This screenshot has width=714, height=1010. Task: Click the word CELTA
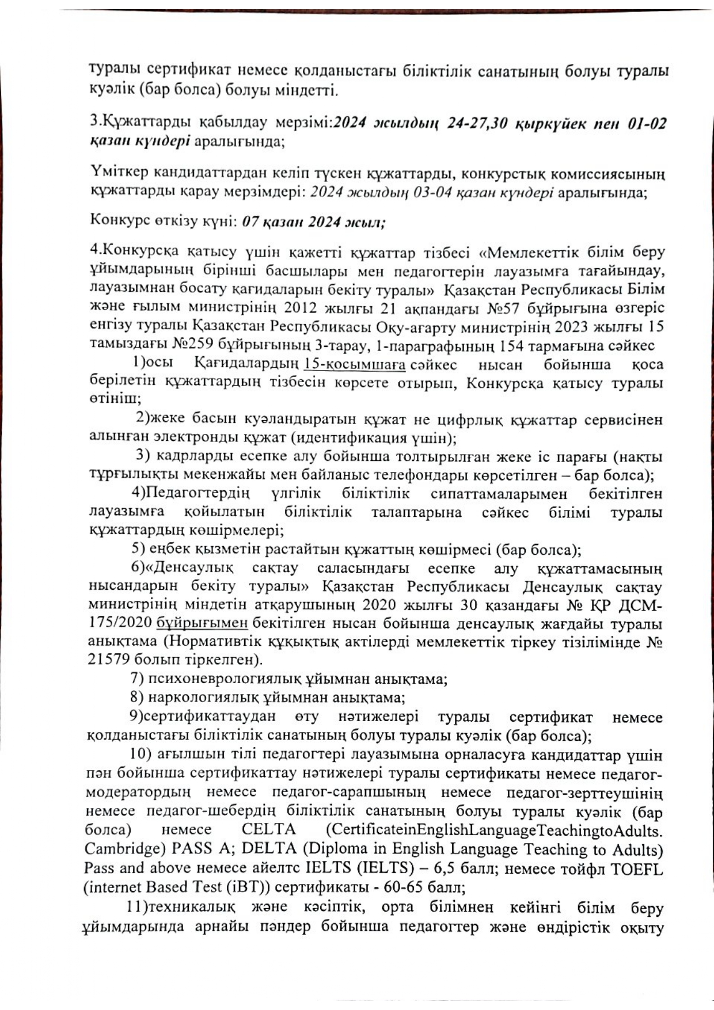tap(268, 830)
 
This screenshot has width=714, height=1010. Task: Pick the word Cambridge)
tap(118, 849)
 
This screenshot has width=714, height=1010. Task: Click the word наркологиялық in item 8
tap(203, 698)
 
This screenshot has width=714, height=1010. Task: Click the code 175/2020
tap(119, 623)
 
